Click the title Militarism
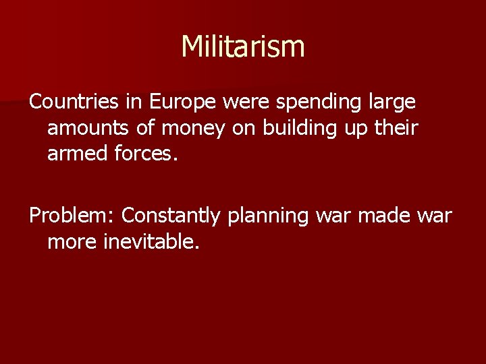pos(243,47)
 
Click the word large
pos(391,103)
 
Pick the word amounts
pos(84,127)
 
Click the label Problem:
pos(71,216)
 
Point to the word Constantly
pos(171,216)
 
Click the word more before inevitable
pos(72,241)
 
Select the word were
pos(240,102)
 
